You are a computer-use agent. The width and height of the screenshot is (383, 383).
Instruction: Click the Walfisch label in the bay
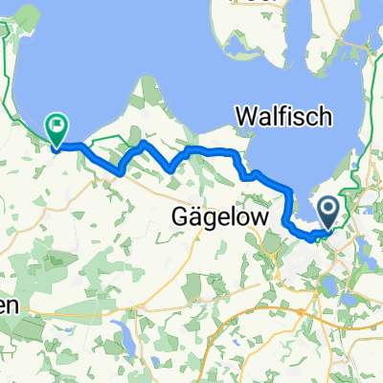(283, 117)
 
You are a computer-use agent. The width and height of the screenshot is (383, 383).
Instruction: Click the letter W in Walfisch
(245, 117)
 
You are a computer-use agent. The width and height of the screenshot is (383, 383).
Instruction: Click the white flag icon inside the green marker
(56, 124)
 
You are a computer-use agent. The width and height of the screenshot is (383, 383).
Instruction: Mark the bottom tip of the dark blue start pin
(328, 228)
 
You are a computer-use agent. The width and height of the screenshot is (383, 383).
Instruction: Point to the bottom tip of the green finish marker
(56, 146)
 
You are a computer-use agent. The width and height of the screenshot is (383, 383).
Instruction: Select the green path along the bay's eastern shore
(359, 172)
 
